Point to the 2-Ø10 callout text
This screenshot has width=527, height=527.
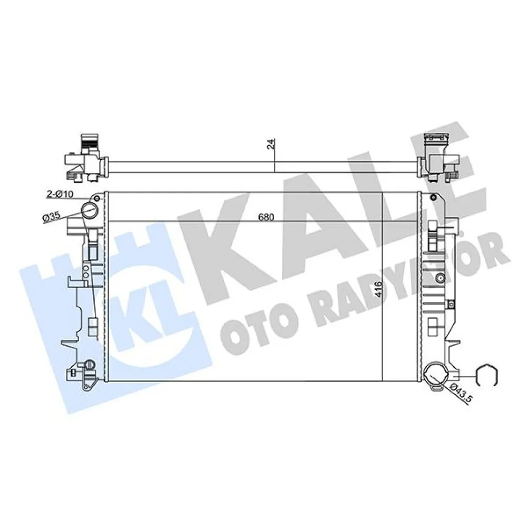point(60,194)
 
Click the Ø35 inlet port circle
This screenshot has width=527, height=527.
point(89,212)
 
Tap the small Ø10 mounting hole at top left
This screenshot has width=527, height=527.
point(95,198)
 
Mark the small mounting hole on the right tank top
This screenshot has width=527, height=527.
point(433,198)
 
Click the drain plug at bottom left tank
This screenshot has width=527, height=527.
point(89,364)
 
